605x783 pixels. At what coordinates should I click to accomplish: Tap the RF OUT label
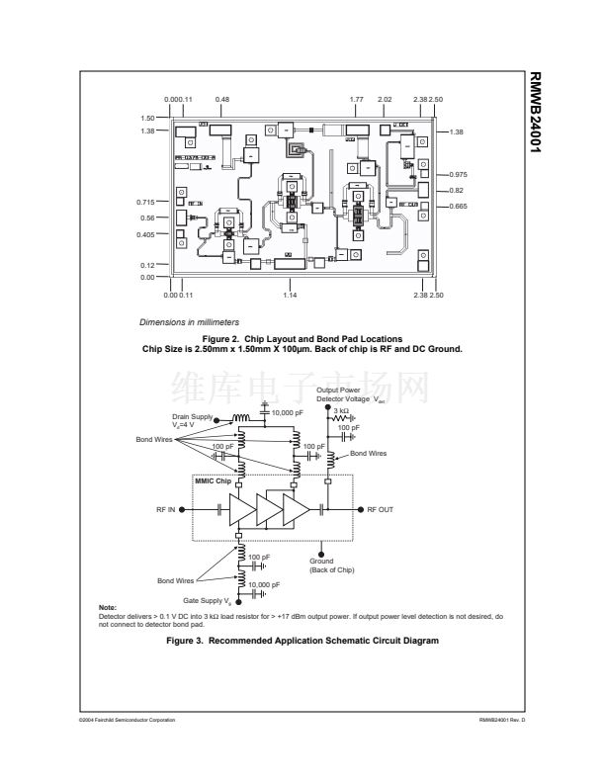pyautogui.click(x=380, y=509)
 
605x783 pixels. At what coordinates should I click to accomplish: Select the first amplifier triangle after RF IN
pyautogui.click(x=241, y=508)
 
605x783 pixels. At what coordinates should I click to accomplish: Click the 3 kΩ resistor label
pyautogui.click(x=339, y=410)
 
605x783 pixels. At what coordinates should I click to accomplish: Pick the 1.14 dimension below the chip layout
pyautogui.click(x=290, y=295)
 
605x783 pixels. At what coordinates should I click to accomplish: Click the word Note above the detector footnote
pyautogui.click(x=110, y=606)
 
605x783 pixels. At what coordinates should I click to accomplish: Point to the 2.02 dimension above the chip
pyautogui.click(x=386, y=100)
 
